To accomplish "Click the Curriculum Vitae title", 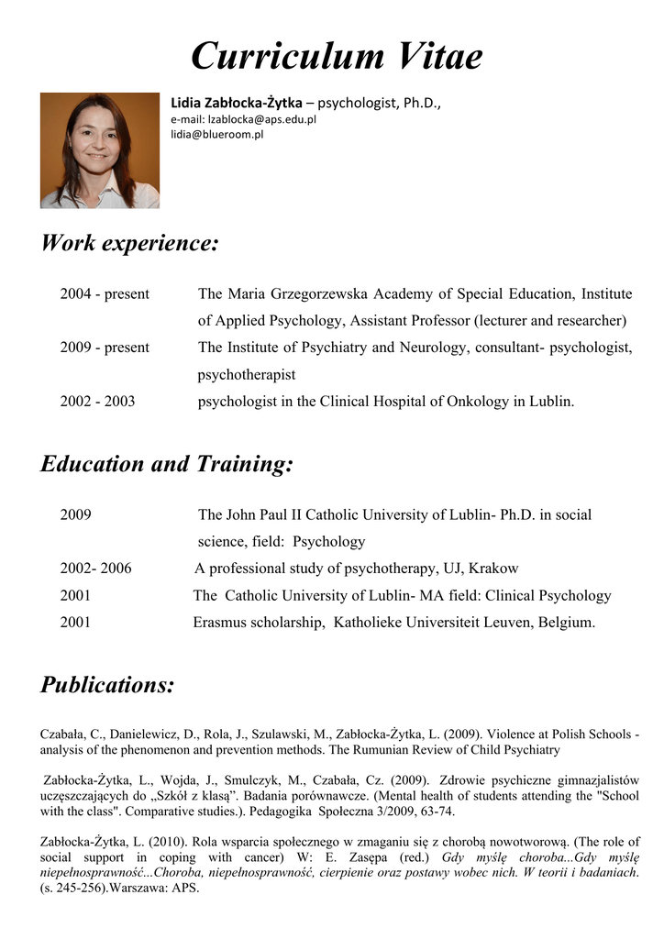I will click(337, 57).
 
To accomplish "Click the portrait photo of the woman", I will click(100, 150).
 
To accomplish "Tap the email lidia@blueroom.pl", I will click(217, 134).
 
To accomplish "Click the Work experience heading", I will click(130, 244).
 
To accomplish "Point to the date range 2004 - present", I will click(105, 294).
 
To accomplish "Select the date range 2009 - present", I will click(105, 348).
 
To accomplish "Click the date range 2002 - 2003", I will click(97, 402).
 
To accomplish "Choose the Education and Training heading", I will click(167, 464).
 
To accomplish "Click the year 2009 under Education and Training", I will click(75, 514).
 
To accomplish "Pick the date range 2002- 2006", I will click(95, 569).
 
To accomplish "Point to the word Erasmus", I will click(218, 623).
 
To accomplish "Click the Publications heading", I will click(107, 685).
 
